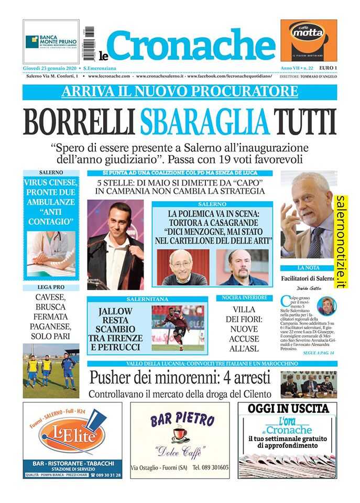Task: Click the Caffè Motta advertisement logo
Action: coord(308,40)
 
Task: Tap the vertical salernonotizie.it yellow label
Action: coord(342,242)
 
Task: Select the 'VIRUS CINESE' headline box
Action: coord(51,202)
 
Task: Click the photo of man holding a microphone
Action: coord(115,244)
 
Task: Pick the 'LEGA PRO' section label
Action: coord(51,288)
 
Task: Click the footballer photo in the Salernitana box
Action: coord(178,328)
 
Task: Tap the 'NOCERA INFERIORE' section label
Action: coord(244,298)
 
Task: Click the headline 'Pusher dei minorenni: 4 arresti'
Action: coord(180,377)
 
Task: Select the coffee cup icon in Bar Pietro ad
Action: coord(179,434)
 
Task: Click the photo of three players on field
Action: coord(51,370)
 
